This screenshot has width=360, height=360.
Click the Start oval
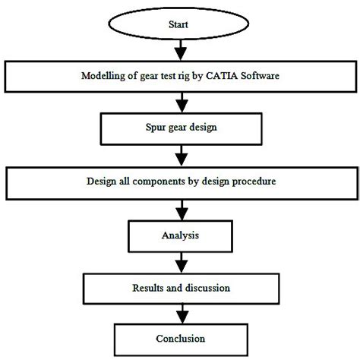[180, 24]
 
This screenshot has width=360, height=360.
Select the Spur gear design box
[180, 126]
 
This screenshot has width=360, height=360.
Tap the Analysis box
[180, 236]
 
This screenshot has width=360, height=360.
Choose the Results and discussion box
[180, 289]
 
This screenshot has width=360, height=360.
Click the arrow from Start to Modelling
[180, 49]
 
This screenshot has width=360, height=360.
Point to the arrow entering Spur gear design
[180, 101]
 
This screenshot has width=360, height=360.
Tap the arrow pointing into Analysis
[180, 209]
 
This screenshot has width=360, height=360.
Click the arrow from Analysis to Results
[180, 262]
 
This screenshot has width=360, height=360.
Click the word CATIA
[223, 75]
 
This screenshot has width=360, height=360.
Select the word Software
[261, 75]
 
